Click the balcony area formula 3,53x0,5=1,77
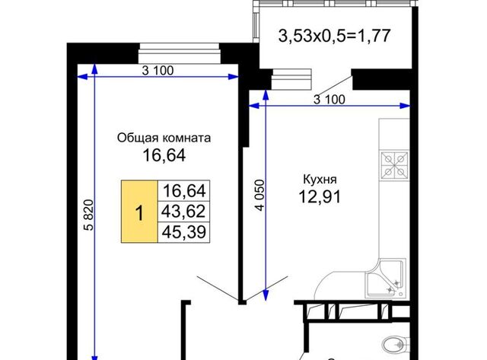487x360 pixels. (334, 36)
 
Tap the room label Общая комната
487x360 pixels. (164, 138)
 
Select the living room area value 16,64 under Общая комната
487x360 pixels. (164, 155)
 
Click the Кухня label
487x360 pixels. (320, 179)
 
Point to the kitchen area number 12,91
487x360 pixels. (320, 196)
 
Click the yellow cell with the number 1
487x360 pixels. (139, 212)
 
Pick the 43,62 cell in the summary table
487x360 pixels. (184, 212)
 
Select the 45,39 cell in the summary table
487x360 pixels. (184, 232)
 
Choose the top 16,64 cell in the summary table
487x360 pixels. (184, 191)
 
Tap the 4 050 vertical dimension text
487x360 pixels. (260, 195)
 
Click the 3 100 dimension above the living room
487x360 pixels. (158, 71)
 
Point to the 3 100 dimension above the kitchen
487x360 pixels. (329, 100)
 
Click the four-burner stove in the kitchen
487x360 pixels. (394, 165)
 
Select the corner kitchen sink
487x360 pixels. (386, 279)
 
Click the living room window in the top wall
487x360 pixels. (180, 53)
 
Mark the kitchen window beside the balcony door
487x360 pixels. (291, 79)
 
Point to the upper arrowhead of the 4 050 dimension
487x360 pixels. (266, 95)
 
